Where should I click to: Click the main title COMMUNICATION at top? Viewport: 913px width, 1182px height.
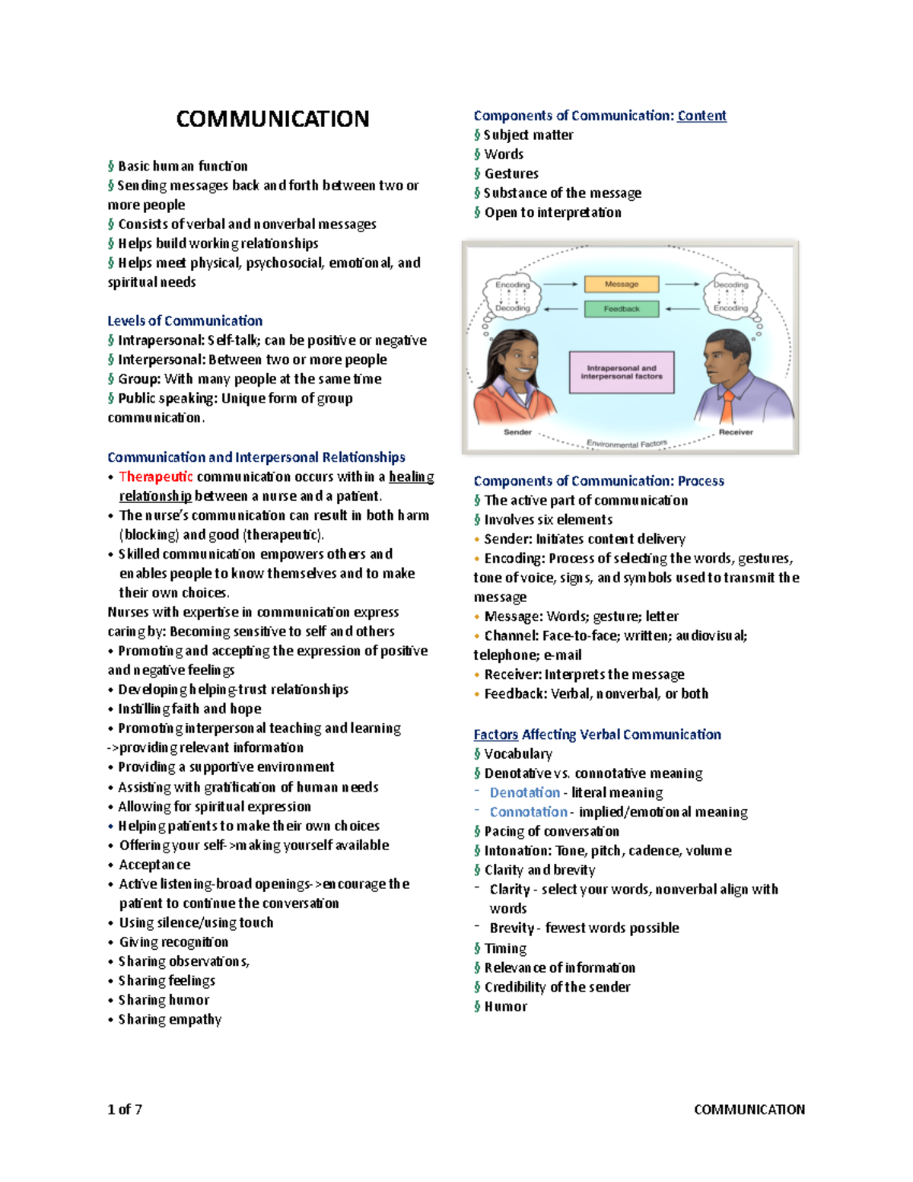[272, 119]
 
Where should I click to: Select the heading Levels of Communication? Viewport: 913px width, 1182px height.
[185, 320]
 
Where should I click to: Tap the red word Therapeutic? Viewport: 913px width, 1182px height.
[156, 476]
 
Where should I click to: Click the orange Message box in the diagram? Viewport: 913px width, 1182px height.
[622, 284]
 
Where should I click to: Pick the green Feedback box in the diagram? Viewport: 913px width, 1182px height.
[622, 309]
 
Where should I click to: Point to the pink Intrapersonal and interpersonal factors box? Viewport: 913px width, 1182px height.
[622, 372]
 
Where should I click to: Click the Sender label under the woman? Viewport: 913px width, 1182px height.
[517, 432]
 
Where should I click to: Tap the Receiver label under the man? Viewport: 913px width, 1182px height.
[735, 432]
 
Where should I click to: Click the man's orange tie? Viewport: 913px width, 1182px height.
[727, 407]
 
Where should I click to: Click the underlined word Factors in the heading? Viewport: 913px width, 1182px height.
[495, 734]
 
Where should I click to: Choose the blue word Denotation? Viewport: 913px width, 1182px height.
[525, 792]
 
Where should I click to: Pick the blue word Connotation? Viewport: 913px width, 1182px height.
[529, 812]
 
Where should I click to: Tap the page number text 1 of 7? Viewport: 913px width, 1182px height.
[125, 1109]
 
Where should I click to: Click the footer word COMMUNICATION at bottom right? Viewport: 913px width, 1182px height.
[749, 1109]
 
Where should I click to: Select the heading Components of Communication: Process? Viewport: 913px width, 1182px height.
[599, 481]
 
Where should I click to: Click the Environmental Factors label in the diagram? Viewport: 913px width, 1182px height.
[627, 443]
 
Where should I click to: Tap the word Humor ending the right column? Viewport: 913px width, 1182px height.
[506, 1006]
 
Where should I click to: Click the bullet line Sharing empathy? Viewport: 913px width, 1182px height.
[170, 1019]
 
